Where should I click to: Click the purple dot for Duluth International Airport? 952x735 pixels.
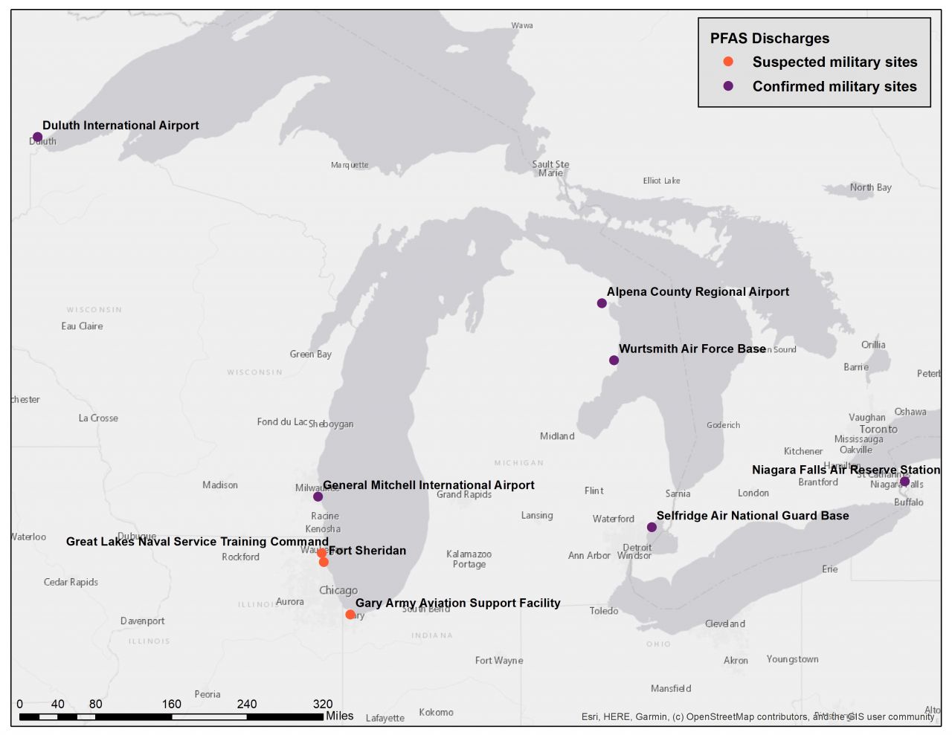pyautogui.click(x=37, y=137)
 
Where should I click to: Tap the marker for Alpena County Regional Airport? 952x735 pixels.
pyautogui.click(x=602, y=303)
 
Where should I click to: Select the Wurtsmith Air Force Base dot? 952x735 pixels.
pyautogui.click(x=614, y=360)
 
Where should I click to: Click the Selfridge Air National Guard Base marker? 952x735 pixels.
pyautogui.click(x=652, y=527)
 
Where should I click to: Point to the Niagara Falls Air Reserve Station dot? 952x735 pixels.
pyautogui.click(x=904, y=482)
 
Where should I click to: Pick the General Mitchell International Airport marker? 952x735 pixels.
pyautogui.click(x=318, y=496)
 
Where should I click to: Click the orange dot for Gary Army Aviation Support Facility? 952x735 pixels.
pyautogui.click(x=350, y=615)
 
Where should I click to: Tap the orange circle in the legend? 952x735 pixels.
pyautogui.click(x=728, y=62)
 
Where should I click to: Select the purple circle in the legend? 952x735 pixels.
pyautogui.click(x=728, y=86)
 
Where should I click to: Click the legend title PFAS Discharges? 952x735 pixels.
pyautogui.click(x=769, y=39)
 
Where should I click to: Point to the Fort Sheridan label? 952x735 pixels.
pyautogui.click(x=367, y=551)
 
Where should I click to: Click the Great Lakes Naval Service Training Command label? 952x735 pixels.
pyautogui.click(x=197, y=542)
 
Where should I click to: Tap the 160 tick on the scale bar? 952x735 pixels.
pyautogui.click(x=171, y=704)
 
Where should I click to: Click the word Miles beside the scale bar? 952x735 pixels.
pyautogui.click(x=339, y=716)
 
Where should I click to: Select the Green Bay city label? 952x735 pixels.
pyautogui.click(x=310, y=354)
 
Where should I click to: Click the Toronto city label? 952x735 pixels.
pyautogui.click(x=878, y=430)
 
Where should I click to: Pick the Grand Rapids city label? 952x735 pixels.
pyautogui.click(x=463, y=495)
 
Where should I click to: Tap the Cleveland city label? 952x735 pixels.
pyautogui.click(x=724, y=624)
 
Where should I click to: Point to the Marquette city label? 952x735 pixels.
pyautogui.click(x=350, y=165)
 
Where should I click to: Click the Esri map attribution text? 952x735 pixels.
pyautogui.click(x=757, y=717)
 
